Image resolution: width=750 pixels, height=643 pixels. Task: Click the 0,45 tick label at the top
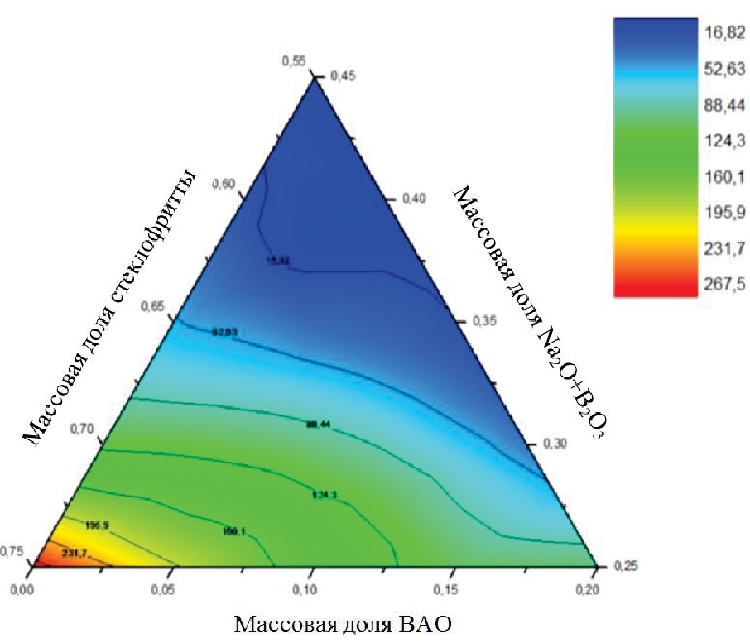coord(343,75)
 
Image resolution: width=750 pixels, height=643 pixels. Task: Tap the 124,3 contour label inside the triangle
coord(325,496)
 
